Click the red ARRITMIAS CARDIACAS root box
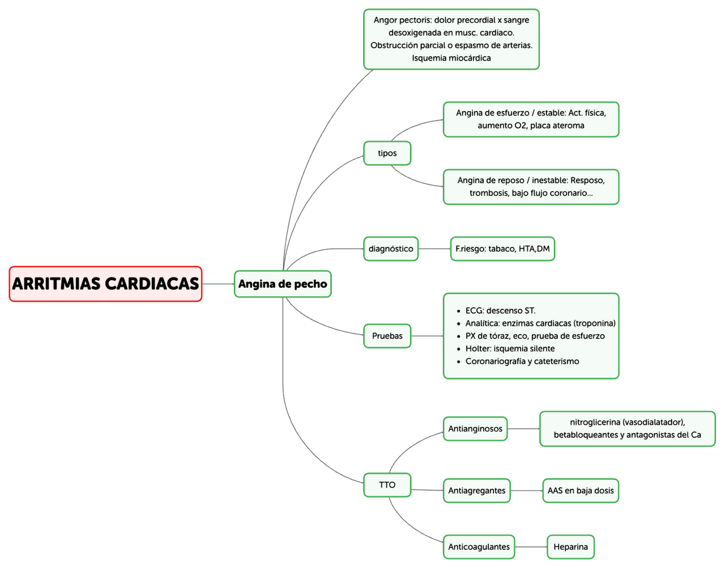point(105,284)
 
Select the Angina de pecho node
point(283,284)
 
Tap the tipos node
point(387,153)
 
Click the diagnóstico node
point(391,249)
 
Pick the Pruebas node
point(387,336)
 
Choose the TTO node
point(387,485)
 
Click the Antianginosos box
point(475,429)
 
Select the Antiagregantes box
point(476,490)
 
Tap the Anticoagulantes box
point(479,547)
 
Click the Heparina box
point(570,547)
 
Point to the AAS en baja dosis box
point(580,490)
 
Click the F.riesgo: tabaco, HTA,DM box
point(502,249)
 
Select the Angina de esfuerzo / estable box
point(531,119)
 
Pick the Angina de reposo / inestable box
point(531,187)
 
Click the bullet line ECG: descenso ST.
point(500,310)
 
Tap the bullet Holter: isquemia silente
point(510,349)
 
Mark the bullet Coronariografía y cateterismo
point(522,361)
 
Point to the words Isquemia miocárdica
point(451,58)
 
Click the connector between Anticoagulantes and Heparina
point(531,547)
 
